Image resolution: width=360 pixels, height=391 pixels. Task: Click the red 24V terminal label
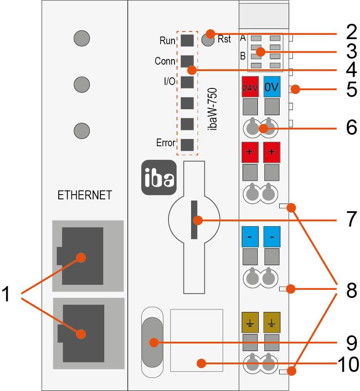tap(250, 88)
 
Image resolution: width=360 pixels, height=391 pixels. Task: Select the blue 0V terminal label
tap(271, 88)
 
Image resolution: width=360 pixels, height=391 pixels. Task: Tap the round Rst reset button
tap(208, 40)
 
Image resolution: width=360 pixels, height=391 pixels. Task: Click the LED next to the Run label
tap(187, 40)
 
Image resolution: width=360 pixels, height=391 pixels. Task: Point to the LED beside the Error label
tap(187, 144)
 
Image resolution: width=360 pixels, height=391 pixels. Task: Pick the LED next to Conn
tap(187, 61)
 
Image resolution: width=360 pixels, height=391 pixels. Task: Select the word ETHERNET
tap(85, 195)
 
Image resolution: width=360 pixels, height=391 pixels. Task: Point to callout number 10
tap(348, 364)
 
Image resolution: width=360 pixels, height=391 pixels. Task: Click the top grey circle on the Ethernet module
tap(82, 38)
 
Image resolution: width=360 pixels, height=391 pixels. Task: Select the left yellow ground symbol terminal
tap(250, 322)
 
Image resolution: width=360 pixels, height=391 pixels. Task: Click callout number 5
tap(351, 89)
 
